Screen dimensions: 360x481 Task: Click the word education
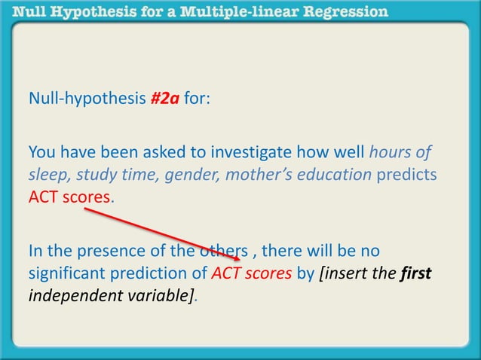(x=339, y=175)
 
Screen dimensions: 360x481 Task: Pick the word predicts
(x=407, y=175)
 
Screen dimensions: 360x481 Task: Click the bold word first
(x=415, y=272)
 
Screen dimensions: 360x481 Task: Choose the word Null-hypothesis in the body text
(x=87, y=99)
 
